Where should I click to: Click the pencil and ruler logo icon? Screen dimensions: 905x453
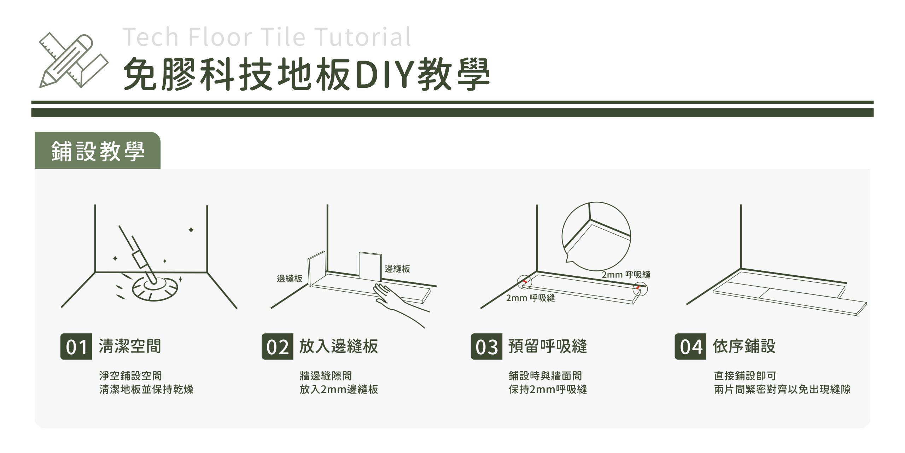74,60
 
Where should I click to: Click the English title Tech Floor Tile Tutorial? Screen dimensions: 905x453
267,36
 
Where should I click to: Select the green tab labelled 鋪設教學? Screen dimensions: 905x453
98,151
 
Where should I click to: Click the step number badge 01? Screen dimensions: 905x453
76,346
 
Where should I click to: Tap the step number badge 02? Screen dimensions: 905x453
278,346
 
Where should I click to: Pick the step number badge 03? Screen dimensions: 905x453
486,346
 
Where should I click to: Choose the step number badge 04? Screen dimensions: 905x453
690,346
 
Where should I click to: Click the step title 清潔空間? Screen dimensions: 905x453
130,346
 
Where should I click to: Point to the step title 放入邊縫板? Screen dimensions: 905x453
339,346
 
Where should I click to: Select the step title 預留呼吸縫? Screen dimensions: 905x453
548,346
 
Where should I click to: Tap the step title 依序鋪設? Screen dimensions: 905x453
744,346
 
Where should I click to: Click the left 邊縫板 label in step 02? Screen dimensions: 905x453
290,279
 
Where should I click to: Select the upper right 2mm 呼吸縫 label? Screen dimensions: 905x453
626,275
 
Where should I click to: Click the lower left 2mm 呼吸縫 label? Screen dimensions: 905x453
530,298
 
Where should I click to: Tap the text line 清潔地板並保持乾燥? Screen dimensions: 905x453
146,390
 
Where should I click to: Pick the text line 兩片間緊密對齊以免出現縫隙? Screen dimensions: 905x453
782,390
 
